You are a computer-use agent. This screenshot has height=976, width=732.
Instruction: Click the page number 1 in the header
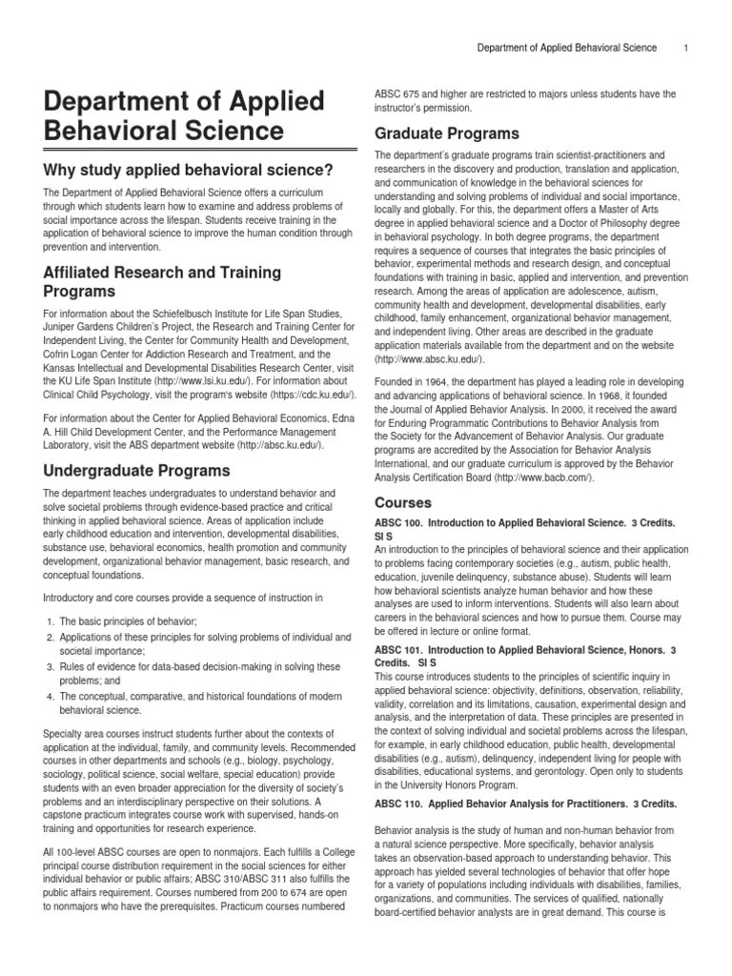click(x=686, y=48)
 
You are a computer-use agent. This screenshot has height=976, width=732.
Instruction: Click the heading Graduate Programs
click(x=447, y=132)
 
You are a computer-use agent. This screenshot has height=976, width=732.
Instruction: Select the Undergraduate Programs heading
click(x=137, y=470)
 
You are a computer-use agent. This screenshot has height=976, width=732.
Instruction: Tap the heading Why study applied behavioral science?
click(x=189, y=170)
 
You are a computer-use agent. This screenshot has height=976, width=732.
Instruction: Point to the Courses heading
click(x=403, y=502)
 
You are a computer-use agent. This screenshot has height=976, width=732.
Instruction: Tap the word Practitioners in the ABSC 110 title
click(x=588, y=802)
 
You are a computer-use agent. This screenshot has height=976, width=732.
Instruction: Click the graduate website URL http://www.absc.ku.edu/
click(x=429, y=358)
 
